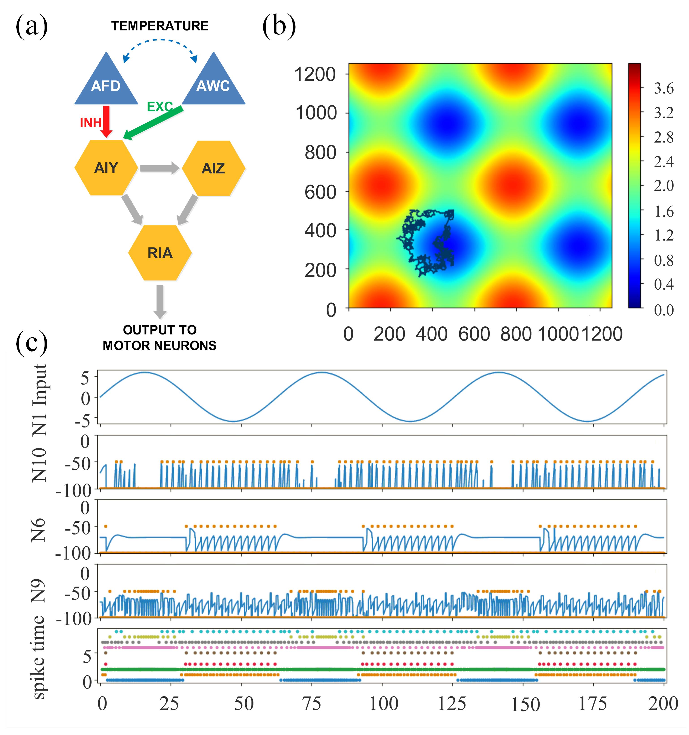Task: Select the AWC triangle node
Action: coord(213,83)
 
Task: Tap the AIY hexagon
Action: coord(106,168)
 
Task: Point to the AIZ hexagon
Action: coord(213,168)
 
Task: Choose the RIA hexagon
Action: coord(160,253)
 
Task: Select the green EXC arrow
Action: coord(154,122)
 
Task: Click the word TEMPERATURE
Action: coord(160,26)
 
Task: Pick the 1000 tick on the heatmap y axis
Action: coord(316,113)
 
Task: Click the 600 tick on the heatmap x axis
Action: coord(474,334)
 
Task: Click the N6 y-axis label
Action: coord(39,529)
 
